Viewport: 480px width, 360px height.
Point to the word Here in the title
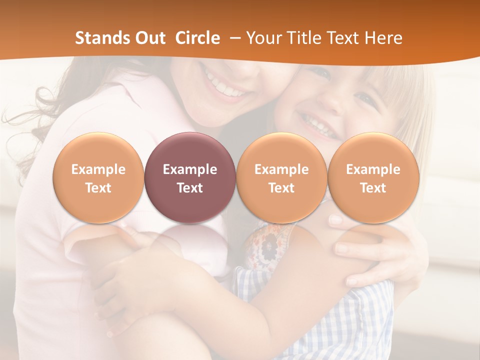click(383, 38)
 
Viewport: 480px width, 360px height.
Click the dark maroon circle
click(190, 177)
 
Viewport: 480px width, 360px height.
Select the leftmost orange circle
click(98, 177)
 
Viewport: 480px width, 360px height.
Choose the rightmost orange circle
click(373, 177)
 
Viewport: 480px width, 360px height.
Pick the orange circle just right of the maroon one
click(281, 177)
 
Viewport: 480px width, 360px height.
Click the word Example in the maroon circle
click(190, 169)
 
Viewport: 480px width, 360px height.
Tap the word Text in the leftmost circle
click(98, 188)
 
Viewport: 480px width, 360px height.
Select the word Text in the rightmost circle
click(373, 188)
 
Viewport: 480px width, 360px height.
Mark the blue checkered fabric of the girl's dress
click(350, 320)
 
